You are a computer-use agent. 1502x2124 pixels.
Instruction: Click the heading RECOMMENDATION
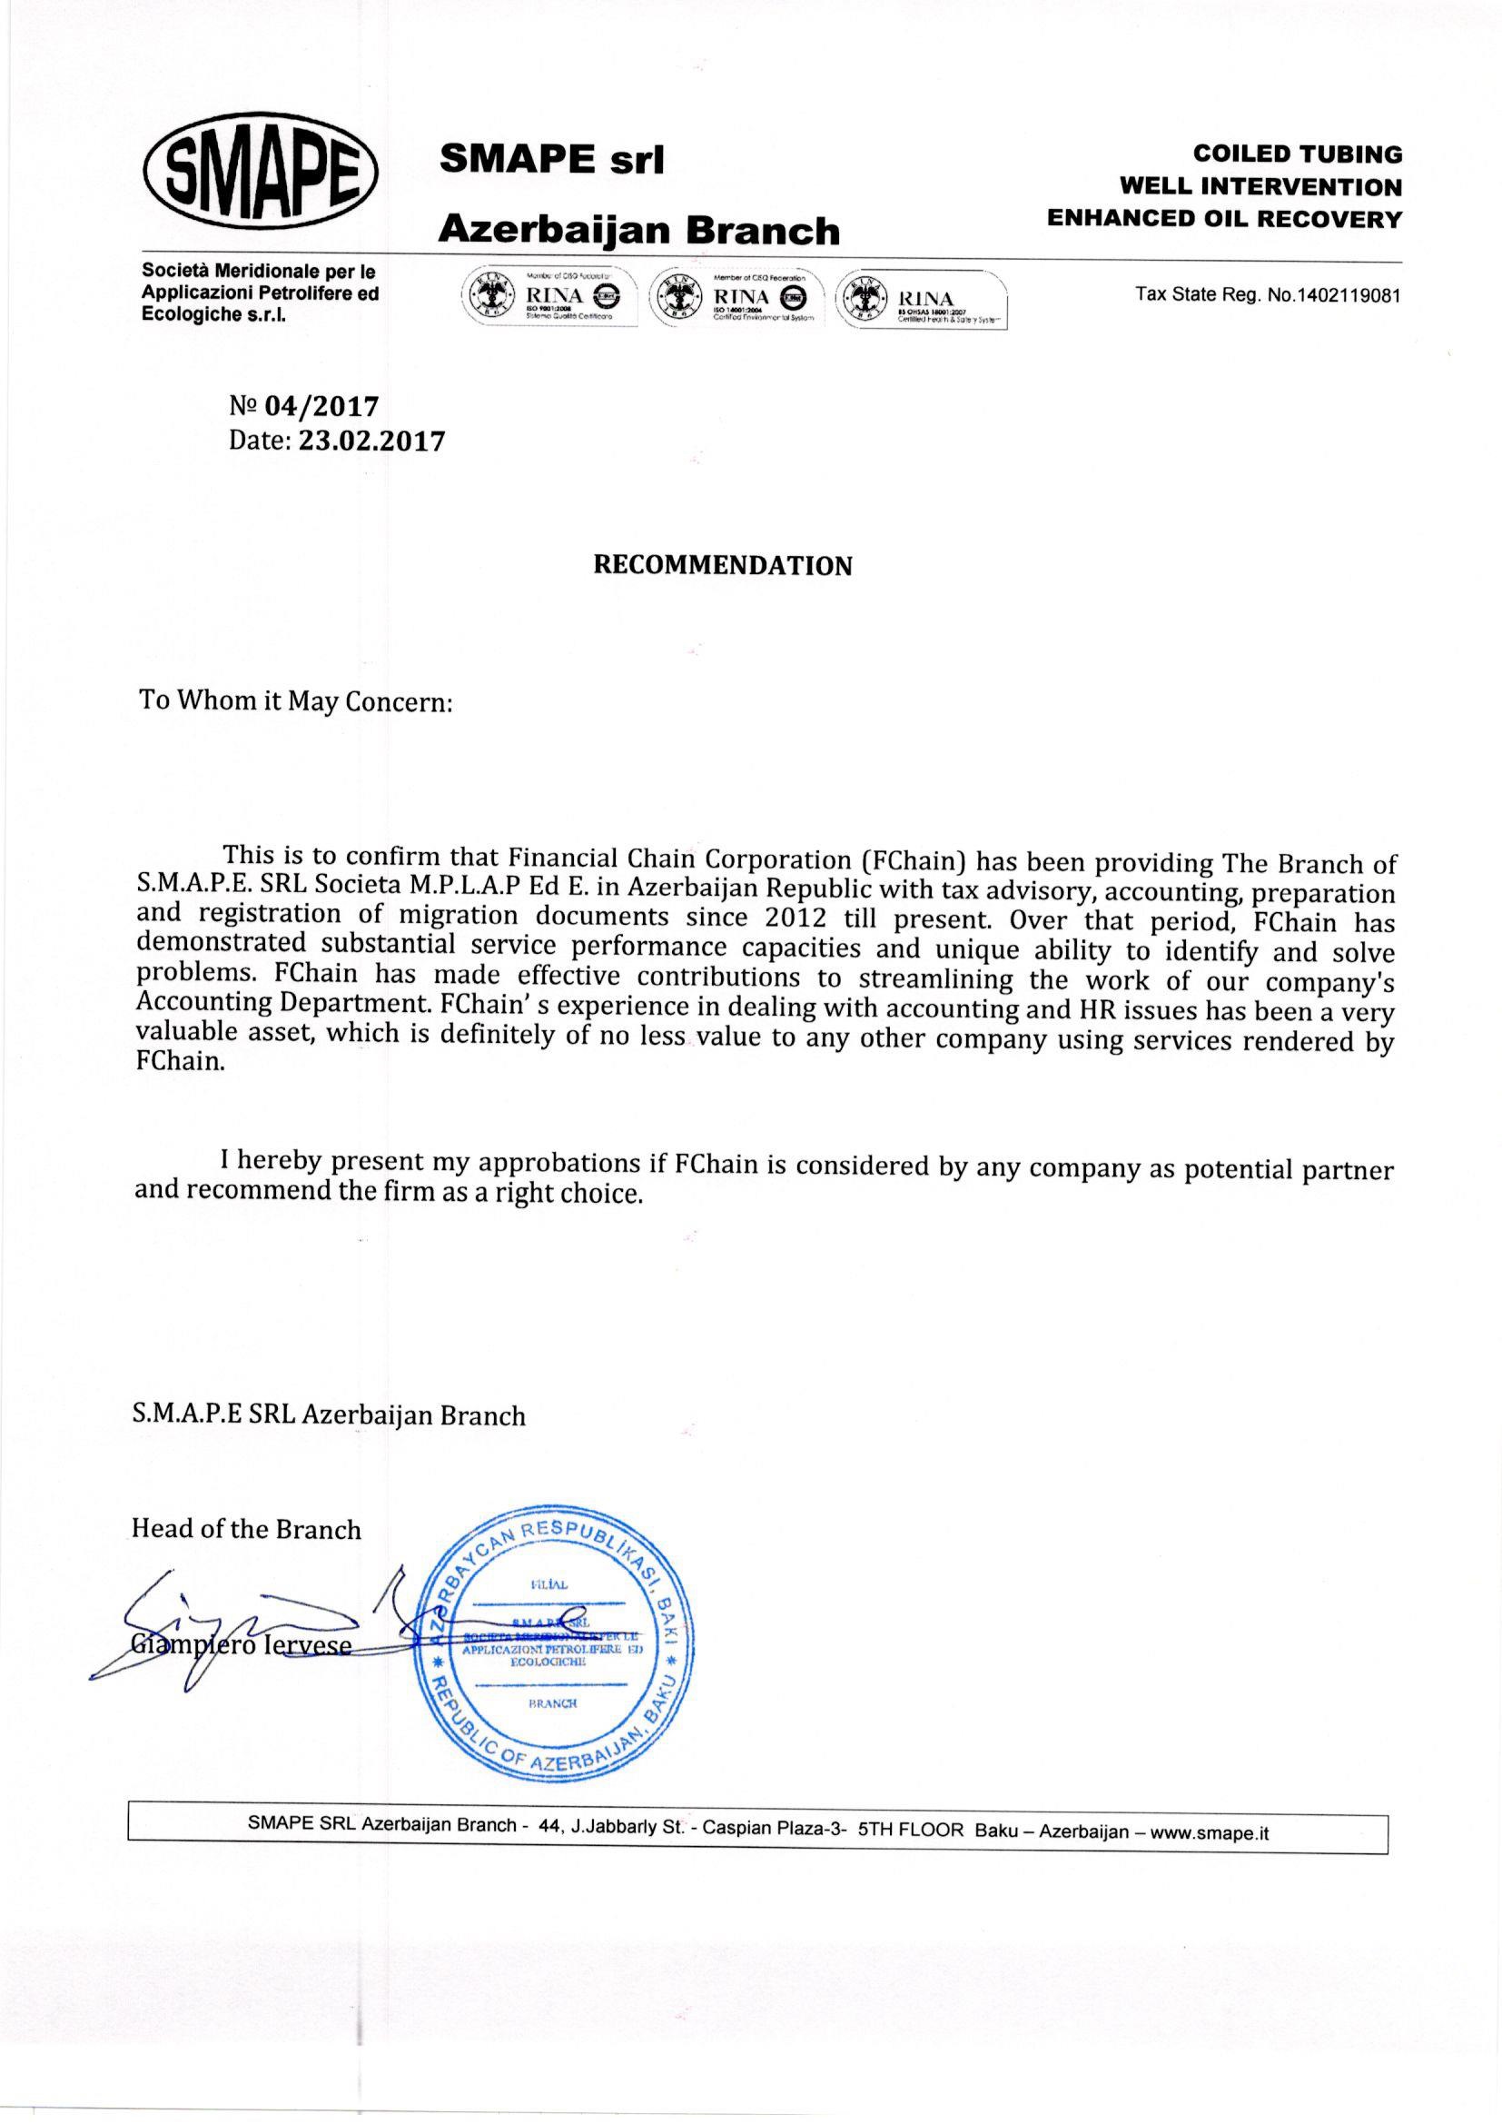pyautogui.click(x=721, y=565)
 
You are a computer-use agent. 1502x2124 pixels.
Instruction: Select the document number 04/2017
pyautogui.click(x=321, y=406)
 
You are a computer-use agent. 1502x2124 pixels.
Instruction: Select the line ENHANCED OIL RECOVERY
pyautogui.click(x=1223, y=219)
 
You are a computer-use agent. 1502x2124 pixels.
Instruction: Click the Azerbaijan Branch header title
pyautogui.click(x=639, y=230)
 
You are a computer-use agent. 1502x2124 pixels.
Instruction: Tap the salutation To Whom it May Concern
pyautogui.click(x=295, y=700)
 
